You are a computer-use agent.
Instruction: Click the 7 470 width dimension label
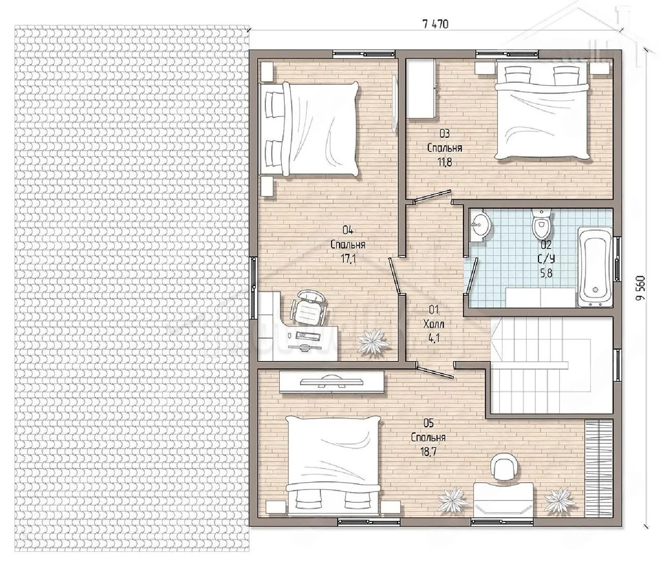pos(435,24)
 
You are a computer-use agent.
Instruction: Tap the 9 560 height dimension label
pos(641,288)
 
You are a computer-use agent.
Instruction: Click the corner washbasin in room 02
pos(480,226)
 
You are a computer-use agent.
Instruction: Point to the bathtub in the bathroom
pos(595,267)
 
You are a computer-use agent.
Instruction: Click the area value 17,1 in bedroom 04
pos(348,259)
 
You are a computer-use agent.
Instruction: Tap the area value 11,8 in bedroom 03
pos(445,162)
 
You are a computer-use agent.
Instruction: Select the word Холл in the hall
pos(433,324)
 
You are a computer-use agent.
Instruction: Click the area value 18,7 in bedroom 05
pos(429,452)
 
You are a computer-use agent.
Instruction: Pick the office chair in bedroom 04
pos(309,307)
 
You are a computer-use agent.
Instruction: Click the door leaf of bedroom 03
pos(432,197)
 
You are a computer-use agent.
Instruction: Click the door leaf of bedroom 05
pos(436,372)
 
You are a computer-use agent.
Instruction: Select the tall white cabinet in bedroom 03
pos(420,88)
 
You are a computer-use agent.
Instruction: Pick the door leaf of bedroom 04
pos(394,275)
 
